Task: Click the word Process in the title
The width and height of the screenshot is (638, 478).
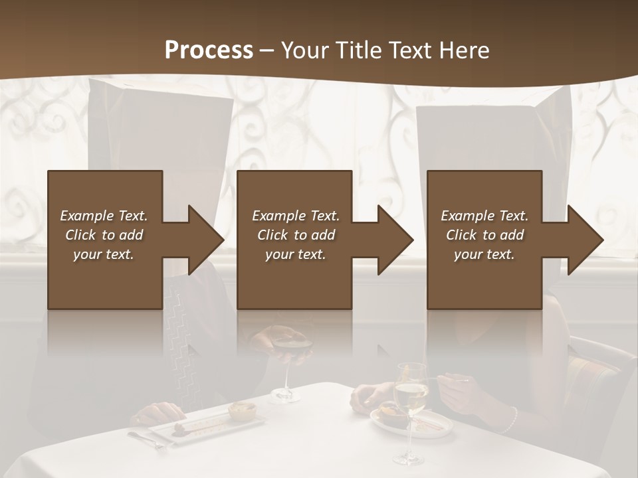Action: pos(209,50)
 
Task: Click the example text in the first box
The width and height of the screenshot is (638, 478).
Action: pos(104,235)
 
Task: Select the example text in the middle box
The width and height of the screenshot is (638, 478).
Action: pos(295,235)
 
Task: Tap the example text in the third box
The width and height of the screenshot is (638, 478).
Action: pos(484,235)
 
